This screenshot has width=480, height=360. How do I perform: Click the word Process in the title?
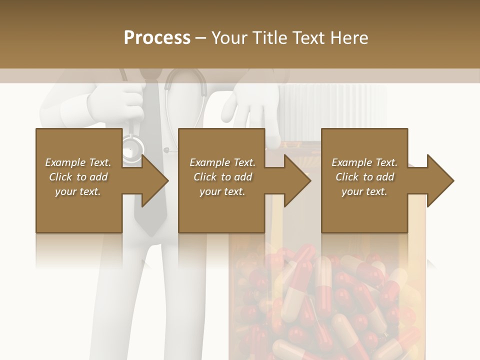[x=157, y=38]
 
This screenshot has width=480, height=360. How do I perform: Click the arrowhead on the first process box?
[x=155, y=180]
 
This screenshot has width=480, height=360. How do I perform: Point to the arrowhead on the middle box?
[x=298, y=180]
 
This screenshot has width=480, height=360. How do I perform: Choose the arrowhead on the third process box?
[x=440, y=180]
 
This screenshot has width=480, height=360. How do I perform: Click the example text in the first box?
[x=78, y=177]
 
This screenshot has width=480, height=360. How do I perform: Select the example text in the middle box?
[x=222, y=177]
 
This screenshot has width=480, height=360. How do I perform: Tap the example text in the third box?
[x=364, y=177]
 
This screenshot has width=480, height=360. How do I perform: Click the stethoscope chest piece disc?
[x=132, y=148]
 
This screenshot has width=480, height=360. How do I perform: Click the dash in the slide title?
[x=201, y=38]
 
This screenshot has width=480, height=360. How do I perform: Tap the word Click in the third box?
[x=346, y=177]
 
